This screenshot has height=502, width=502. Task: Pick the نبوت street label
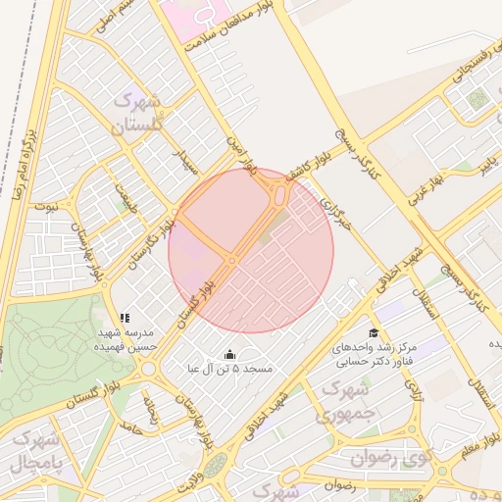coord(46,207)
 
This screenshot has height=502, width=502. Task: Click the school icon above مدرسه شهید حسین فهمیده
coord(125,319)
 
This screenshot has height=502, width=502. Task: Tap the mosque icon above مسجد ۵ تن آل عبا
coord(229,354)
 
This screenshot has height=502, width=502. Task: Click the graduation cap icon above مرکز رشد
coord(375,333)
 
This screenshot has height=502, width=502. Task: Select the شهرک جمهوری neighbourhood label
coord(338,402)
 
